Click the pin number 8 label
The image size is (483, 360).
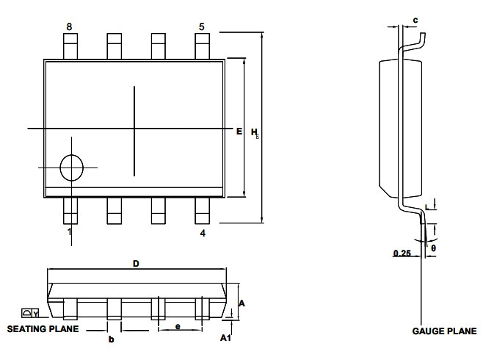(69, 26)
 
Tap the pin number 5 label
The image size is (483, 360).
(201, 26)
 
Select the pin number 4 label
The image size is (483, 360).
(203, 233)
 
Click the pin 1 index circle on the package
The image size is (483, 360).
(71, 168)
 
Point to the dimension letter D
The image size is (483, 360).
(136, 264)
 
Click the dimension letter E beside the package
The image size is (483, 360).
(239, 132)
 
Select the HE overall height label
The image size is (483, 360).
(255, 133)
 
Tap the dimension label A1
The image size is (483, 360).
(225, 338)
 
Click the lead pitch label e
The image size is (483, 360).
(178, 326)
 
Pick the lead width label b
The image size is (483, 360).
(111, 339)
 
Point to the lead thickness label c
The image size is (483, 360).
(415, 21)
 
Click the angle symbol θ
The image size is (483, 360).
(433, 248)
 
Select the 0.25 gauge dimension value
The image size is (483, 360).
(402, 253)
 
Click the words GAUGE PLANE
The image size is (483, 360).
(444, 331)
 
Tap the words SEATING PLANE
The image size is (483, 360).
(43, 329)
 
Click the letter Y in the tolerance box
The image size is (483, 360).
(36, 314)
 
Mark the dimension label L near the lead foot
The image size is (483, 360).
(426, 207)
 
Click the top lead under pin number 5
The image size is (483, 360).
(202, 46)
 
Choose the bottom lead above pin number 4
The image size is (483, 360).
(202, 211)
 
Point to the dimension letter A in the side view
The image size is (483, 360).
(241, 303)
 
